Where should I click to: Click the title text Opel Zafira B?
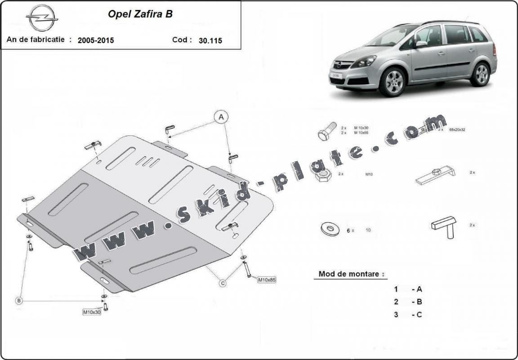point(140,14)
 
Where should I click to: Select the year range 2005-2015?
point(96,40)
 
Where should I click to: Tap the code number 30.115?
point(210,40)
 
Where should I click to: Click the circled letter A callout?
point(221,117)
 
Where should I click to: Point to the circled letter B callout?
point(19,301)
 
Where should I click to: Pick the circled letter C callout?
point(223,283)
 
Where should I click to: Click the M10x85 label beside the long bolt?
point(266,280)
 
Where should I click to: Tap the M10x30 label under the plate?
point(92,312)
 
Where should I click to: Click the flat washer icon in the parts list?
point(330,229)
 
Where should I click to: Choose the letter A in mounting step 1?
point(419,289)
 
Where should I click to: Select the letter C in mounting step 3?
point(419,315)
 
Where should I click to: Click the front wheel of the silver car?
point(392,81)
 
